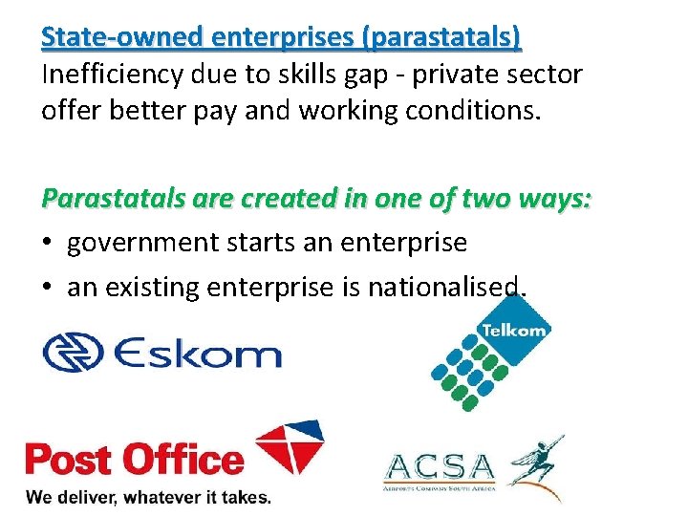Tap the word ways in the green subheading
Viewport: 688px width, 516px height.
click(558, 200)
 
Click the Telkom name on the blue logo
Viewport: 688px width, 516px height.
click(514, 331)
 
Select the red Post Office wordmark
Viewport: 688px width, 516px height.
click(135, 459)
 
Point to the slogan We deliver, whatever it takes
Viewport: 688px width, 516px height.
click(148, 497)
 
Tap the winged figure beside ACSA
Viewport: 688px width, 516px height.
click(537, 465)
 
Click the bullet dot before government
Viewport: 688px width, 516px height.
click(49, 244)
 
